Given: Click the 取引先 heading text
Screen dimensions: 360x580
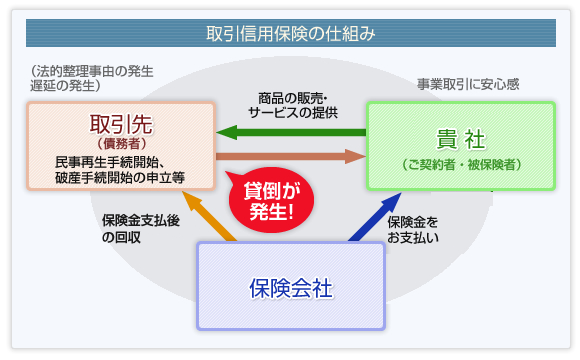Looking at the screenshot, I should (120, 124).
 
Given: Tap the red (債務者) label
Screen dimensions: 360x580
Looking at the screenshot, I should (120, 144).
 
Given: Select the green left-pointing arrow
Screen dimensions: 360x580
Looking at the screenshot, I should (290, 131).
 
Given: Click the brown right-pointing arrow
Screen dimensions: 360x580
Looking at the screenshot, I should (290, 156).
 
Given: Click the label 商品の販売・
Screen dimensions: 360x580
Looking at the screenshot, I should (291, 97).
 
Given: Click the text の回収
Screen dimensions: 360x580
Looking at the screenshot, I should (118, 238).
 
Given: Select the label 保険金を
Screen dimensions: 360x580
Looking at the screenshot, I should (412, 221).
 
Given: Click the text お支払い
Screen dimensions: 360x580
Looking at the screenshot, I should (412, 238).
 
